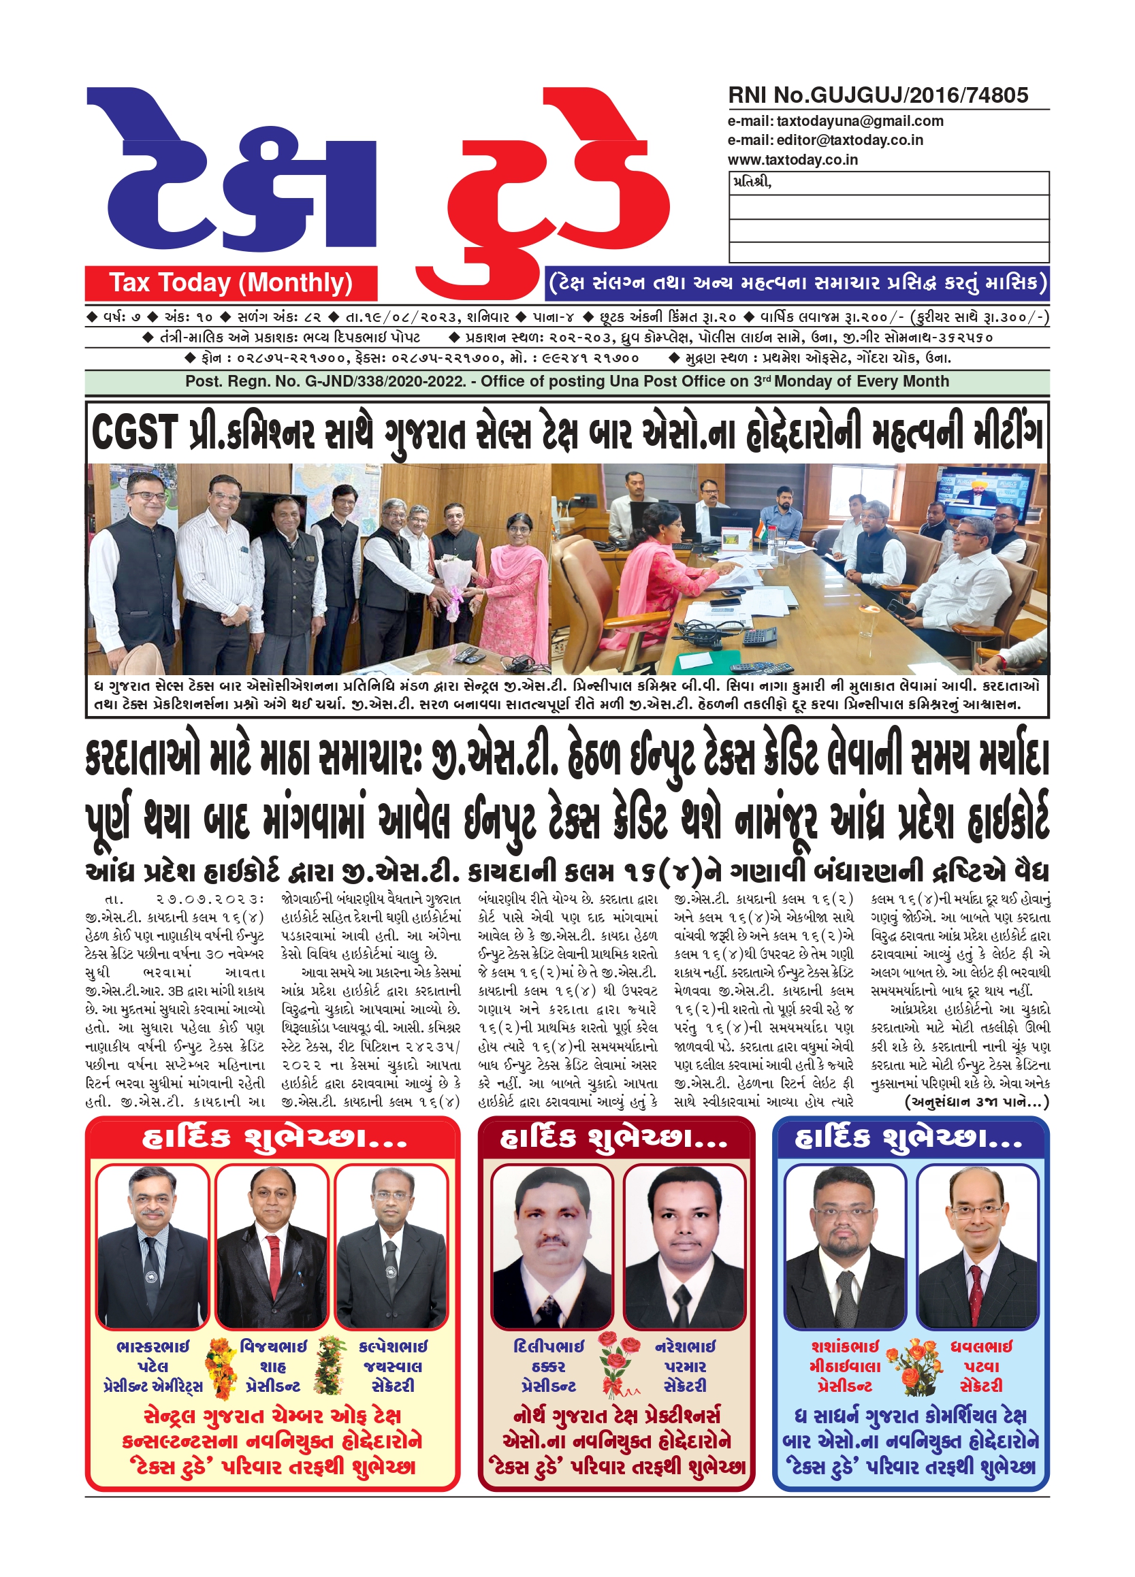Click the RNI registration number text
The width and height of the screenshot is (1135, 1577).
pos(877,95)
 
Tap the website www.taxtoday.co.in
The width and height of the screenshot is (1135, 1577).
pos(792,160)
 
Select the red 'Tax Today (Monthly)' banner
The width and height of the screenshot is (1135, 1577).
pos(231,283)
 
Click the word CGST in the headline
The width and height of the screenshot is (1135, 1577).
pos(134,432)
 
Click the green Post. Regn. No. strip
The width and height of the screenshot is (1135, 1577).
pos(566,382)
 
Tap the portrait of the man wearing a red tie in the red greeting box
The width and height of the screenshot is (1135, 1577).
pos(271,1247)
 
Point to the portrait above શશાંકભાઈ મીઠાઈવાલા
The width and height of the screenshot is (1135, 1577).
pos(844,1247)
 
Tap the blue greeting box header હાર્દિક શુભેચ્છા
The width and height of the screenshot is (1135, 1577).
pos(909,1138)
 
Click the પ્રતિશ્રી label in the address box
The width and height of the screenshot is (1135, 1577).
pos(752,183)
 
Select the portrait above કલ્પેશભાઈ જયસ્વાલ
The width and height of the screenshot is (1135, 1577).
pos(391,1247)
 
